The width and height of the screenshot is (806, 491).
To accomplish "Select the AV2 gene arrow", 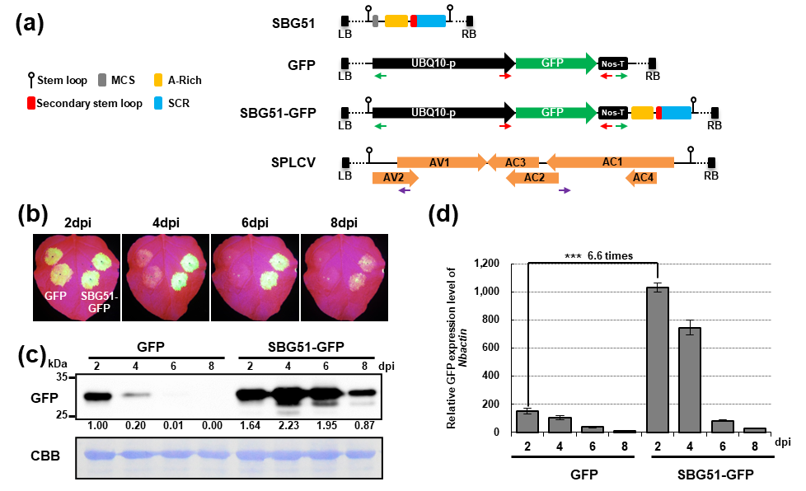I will pyautogui.click(x=395, y=178).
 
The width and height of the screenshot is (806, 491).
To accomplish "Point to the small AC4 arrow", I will pyautogui.click(x=641, y=178).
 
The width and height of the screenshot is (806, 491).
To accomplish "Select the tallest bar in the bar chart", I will pyautogui.click(x=657, y=359).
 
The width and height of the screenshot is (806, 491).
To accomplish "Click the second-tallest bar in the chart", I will pyautogui.click(x=690, y=379).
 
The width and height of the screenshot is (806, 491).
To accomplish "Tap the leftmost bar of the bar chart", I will pyautogui.click(x=527, y=421).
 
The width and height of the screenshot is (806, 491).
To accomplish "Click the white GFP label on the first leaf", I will pyautogui.click(x=55, y=295).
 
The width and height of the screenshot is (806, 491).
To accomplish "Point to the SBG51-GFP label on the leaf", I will pyautogui.click(x=99, y=302).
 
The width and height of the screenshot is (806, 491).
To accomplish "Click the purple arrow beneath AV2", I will pyautogui.click(x=404, y=190).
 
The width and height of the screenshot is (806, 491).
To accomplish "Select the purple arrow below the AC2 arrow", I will pyautogui.click(x=565, y=190).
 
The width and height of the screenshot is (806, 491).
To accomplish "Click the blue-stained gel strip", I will pyautogui.click(x=229, y=457).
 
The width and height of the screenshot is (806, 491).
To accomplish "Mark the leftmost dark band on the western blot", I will pyautogui.click(x=97, y=396).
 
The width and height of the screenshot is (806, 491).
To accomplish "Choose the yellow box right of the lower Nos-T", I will pyautogui.click(x=642, y=113).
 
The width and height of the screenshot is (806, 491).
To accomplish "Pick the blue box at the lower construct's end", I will pyautogui.click(x=677, y=113).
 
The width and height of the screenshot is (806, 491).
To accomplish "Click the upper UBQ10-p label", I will pyautogui.click(x=433, y=63).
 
